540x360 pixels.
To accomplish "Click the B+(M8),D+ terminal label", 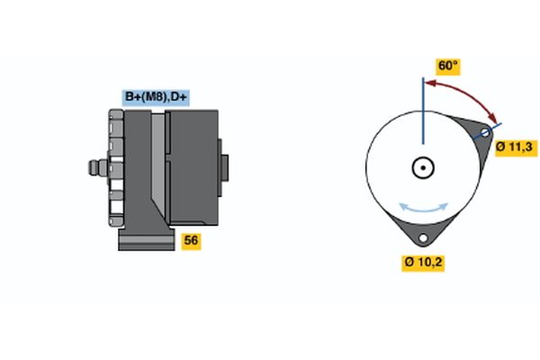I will [x=157, y=98].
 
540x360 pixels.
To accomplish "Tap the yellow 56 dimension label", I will [x=191, y=240].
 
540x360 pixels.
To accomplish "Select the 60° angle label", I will [x=447, y=67].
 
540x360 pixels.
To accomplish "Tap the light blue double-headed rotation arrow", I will [x=422, y=207].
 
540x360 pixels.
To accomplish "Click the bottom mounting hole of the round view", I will [x=422, y=238].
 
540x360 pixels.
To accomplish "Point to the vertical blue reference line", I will [x=421, y=108].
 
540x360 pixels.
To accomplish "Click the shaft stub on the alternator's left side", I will [x=94, y=168].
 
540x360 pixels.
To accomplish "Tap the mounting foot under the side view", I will [x=145, y=240].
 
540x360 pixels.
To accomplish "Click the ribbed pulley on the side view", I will [x=115, y=168].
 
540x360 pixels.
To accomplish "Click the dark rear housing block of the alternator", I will [x=193, y=166].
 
